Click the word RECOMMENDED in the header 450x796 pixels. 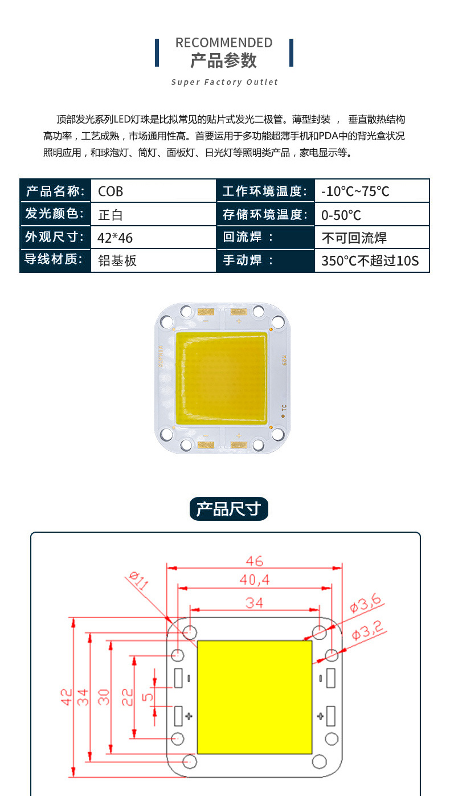pyautogui.click(x=224, y=43)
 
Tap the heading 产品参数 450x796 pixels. pyautogui.click(x=224, y=60)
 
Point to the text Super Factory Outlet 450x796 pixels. pyautogui.click(x=224, y=82)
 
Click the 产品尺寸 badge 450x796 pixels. pyautogui.click(x=229, y=508)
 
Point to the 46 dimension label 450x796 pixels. pyautogui.click(x=255, y=561)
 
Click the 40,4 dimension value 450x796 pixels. pyautogui.click(x=255, y=580)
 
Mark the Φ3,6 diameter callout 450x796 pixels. pyautogui.click(x=366, y=603)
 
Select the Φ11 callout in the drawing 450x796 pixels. pyautogui.click(x=139, y=580)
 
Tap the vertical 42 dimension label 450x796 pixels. pyautogui.click(x=67, y=697)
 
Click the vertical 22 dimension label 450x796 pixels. pyautogui.click(x=128, y=697)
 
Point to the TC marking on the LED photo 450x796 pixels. pyautogui.click(x=284, y=407)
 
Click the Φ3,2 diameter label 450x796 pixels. pyautogui.click(x=368, y=630)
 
